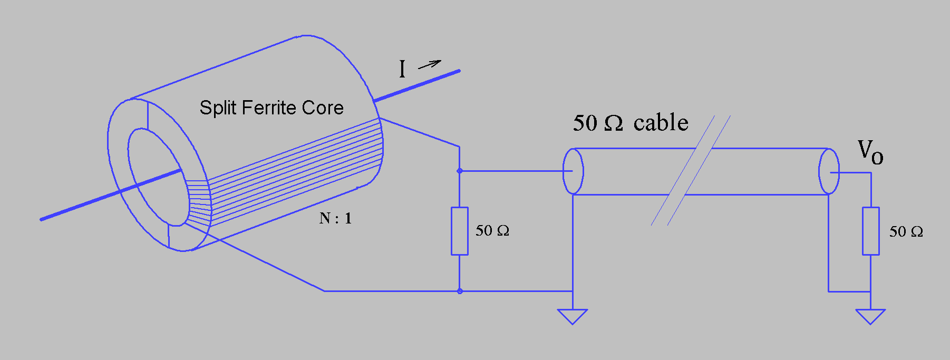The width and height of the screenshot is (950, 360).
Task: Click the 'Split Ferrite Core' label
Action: (x=271, y=108)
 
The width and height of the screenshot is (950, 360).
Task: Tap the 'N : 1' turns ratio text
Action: (x=335, y=218)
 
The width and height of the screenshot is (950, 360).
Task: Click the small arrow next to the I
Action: (x=429, y=65)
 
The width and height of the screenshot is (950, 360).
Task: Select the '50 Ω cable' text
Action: (x=631, y=123)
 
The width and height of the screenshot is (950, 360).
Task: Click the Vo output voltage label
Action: (x=870, y=152)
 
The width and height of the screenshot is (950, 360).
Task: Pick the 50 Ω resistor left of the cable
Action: (x=460, y=231)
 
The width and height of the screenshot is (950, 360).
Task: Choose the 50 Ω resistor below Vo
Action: (x=870, y=231)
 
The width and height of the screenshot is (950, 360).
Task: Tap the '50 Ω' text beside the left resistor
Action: (x=492, y=231)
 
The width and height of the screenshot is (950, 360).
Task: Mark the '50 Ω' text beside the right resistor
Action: (x=906, y=232)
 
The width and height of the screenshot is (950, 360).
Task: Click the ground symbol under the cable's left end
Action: (x=573, y=316)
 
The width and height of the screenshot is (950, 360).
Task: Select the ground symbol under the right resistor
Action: (x=870, y=316)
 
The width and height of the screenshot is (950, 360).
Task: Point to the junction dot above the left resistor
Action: (x=460, y=171)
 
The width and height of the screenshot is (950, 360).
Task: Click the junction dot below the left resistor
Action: (x=460, y=291)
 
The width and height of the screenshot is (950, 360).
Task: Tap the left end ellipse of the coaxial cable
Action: (x=573, y=171)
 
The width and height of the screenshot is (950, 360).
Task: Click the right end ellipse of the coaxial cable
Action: (x=829, y=171)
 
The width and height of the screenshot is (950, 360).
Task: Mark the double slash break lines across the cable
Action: (x=691, y=171)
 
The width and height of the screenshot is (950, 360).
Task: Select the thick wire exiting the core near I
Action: (x=416, y=85)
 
